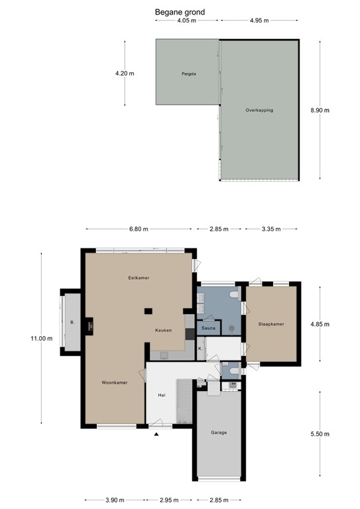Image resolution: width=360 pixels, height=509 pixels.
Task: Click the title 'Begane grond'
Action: click(180, 11)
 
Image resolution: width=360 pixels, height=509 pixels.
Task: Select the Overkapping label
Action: click(259, 110)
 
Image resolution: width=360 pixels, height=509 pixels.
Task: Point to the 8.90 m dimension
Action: click(320, 110)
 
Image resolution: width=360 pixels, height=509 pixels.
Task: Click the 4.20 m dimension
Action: click(125, 74)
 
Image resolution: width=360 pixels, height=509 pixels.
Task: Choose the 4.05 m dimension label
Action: click(188, 21)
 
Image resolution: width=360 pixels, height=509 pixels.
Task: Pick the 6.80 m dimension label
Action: click(139, 229)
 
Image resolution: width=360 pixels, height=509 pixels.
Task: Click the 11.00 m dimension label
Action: click(41, 338)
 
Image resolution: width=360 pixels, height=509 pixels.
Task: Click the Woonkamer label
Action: click(115, 382)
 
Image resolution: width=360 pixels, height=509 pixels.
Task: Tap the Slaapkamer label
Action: click(271, 324)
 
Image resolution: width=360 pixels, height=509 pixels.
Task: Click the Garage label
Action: click(219, 433)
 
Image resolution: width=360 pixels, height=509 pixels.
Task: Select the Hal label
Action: click(161, 395)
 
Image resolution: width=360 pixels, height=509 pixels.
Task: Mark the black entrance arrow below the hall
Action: click(156, 435)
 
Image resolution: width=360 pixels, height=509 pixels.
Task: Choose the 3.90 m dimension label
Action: click(115, 500)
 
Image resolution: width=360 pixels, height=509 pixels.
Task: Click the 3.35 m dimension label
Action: click(271, 229)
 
